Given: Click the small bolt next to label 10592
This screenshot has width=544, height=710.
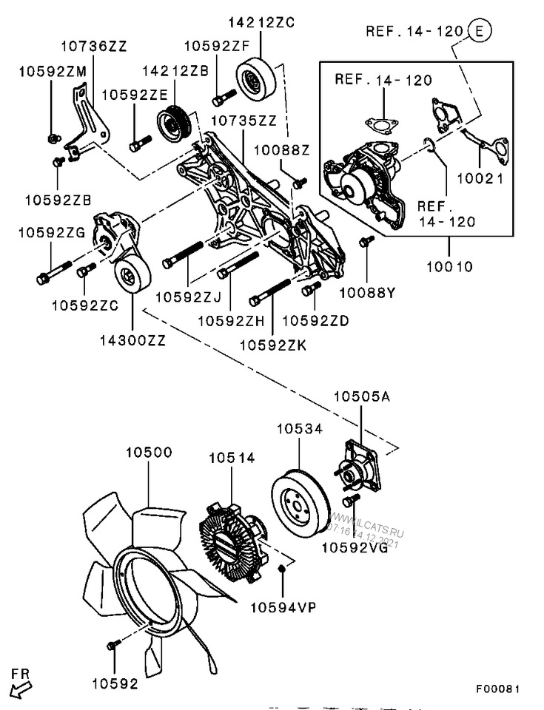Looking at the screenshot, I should tap(113, 646).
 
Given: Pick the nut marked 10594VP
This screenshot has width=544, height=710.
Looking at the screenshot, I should tap(281, 569).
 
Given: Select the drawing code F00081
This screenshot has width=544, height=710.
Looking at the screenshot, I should tap(497, 689).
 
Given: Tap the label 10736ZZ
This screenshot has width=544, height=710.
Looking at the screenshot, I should tap(93, 46).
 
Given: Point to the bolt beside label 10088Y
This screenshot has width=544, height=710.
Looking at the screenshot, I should tap(365, 242).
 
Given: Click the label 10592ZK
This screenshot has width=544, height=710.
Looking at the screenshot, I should tap(272, 345).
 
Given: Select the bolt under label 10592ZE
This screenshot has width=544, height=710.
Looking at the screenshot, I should tap(139, 143).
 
